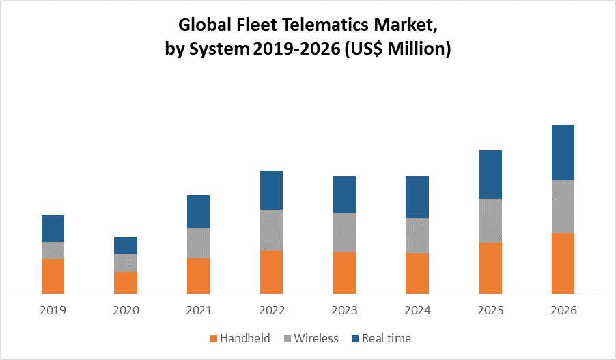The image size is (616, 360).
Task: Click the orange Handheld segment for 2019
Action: point(53,276)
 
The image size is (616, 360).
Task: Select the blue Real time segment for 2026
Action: point(563,152)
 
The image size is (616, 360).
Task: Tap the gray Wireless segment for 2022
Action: point(271,230)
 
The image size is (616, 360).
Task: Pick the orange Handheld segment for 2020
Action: point(126,283)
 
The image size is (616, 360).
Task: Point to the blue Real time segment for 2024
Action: point(417,197)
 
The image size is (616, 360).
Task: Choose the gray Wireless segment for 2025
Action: point(490,221)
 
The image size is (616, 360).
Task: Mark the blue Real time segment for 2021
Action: point(199,212)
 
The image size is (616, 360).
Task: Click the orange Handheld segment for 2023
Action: point(344,273)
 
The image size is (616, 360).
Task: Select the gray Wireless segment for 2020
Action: point(126,263)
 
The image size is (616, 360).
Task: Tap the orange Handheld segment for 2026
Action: point(563,263)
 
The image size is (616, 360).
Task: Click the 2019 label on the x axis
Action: point(53,310)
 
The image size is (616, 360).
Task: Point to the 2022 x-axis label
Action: point(271,310)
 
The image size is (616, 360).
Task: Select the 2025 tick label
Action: point(490,310)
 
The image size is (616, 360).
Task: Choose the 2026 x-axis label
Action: point(563,310)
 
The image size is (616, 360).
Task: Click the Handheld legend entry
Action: point(244,338)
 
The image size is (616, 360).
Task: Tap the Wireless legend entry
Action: point(316,338)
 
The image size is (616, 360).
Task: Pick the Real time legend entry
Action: point(387,338)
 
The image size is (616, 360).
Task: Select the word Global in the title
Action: point(203,27)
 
